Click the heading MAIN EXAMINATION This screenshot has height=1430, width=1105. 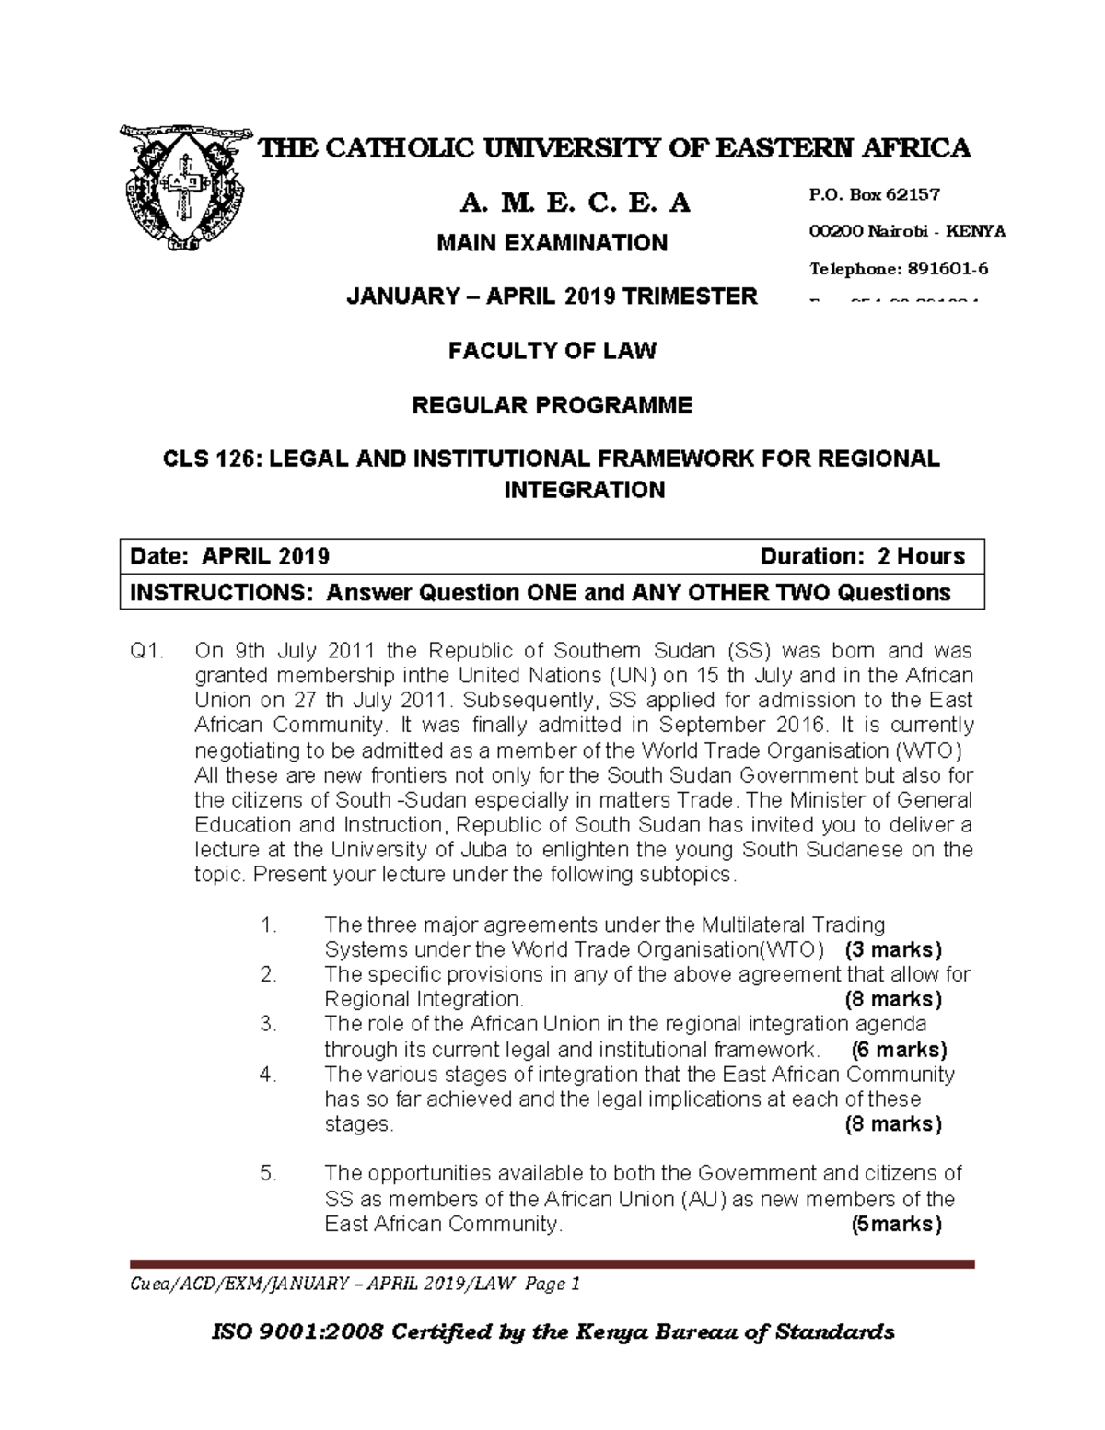[552, 243]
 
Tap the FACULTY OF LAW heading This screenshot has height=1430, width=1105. [552, 351]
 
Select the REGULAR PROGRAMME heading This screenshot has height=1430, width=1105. [552, 405]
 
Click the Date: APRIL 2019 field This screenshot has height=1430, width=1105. [230, 557]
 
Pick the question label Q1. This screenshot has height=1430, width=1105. [147, 651]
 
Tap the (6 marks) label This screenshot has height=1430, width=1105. [899, 1050]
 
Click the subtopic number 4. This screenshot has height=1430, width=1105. [268, 1075]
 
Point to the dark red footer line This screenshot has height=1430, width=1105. [552, 1264]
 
